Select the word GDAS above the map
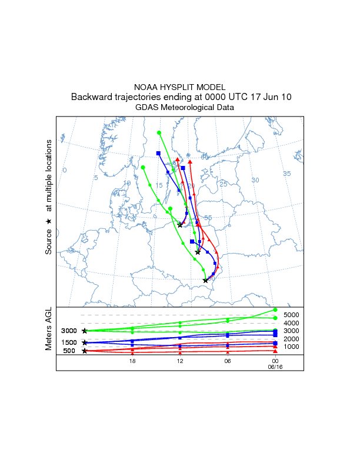click(x=146, y=108)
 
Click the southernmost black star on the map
click(x=205, y=281)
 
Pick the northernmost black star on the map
click(x=180, y=225)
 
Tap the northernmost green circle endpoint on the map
click(x=159, y=132)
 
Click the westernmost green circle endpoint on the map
click(x=143, y=168)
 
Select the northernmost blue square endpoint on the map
click(x=158, y=154)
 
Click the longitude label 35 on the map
click(x=287, y=174)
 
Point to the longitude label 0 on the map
click(x=65, y=170)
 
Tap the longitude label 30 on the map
click(x=255, y=180)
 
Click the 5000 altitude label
click(x=292, y=315)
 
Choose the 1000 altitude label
click(x=292, y=347)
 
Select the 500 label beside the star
click(x=70, y=351)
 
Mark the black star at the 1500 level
click(x=85, y=342)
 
